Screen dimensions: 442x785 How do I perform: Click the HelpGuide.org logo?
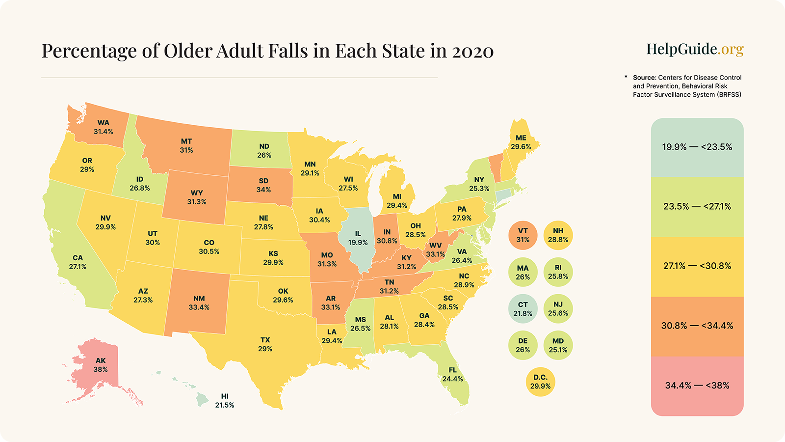695,49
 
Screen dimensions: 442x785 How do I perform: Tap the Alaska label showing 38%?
101,365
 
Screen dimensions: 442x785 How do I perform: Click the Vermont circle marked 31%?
523,235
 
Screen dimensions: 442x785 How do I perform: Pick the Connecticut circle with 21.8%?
523,309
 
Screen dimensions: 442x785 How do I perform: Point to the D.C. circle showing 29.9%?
540,382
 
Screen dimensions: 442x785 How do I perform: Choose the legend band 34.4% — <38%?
697,386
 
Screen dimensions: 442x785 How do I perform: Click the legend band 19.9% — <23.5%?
697,147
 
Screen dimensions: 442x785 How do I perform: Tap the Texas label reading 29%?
265,344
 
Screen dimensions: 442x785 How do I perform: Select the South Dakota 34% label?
263,185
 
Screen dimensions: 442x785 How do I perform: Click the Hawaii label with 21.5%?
225,401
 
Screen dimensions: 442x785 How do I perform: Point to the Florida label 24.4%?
452,374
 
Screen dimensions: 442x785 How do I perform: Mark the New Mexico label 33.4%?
199,303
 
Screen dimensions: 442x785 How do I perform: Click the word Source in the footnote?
644,78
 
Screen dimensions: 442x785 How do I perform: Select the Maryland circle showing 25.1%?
558,345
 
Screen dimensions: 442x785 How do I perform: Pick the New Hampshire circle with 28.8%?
558,235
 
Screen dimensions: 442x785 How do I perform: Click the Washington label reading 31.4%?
104,127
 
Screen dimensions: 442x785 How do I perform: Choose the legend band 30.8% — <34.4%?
697,326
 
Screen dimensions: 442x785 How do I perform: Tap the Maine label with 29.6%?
521,142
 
